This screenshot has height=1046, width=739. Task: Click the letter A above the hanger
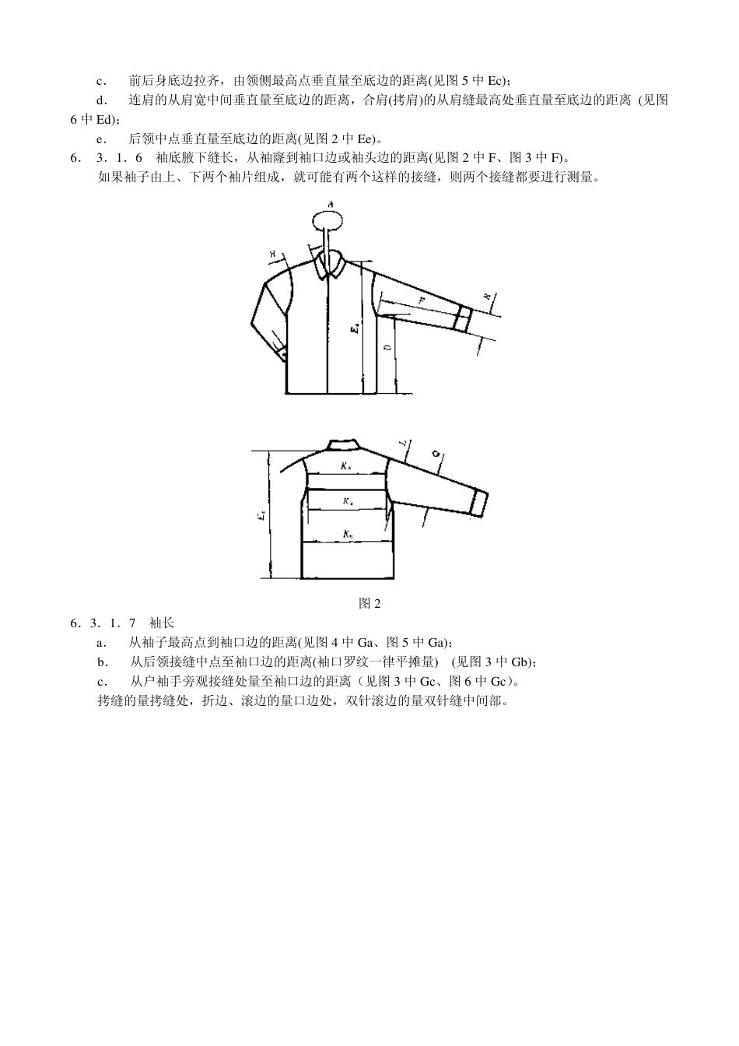pyautogui.click(x=331, y=204)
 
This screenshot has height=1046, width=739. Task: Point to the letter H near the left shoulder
pyautogui.click(x=274, y=253)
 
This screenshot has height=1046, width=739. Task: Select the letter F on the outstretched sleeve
pyautogui.click(x=421, y=299)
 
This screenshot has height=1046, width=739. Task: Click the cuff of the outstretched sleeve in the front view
pyautogui.click(x=463, y=319)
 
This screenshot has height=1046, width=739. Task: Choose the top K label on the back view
pyautogui.click(x=346, y=467)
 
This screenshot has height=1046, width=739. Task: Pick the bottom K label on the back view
pyautogui.click(x=347, y=535)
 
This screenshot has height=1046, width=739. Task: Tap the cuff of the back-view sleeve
pyautogui.click(x=480, y=504)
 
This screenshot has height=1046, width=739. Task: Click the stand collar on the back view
pyautogui.click(x=343, y=444)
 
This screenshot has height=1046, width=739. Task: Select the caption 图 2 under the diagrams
pyautogui.click(x=369, y=603)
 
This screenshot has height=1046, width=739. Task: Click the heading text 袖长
pyautogui.click(x=162, y=623)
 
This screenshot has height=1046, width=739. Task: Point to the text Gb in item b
pyautogui.click(x=520, y=662)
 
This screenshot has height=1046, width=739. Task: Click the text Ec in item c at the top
pyautogui.click(x=496, y=80)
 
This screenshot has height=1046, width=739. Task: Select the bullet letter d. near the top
pyautogui.click(x=101, y=100)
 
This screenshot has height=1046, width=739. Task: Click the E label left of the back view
pyautogui.click(x=262, y=514)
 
